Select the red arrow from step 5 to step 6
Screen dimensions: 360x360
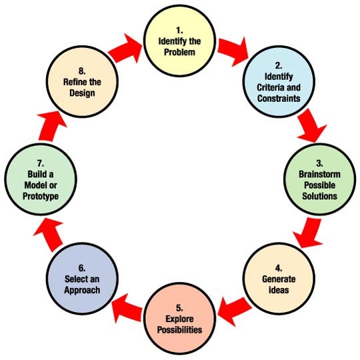[127, 307]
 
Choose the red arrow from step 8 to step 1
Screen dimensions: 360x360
[127, 49]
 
